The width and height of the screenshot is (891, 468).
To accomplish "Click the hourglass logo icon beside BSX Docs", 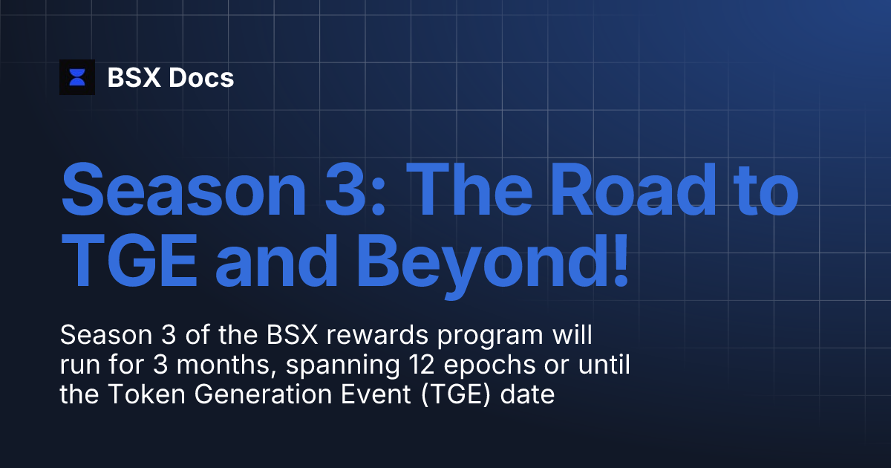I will (x=77, y=77).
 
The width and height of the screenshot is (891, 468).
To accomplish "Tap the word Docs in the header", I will (x=201, y=77).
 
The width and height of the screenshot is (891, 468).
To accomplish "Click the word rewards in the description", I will (x=373, y=336).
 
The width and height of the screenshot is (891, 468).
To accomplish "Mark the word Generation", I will (x=258, y=394).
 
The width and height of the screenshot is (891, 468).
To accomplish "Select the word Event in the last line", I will (x=377, y=394).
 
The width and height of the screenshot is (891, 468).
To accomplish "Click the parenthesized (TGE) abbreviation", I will (x=457, y=394).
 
